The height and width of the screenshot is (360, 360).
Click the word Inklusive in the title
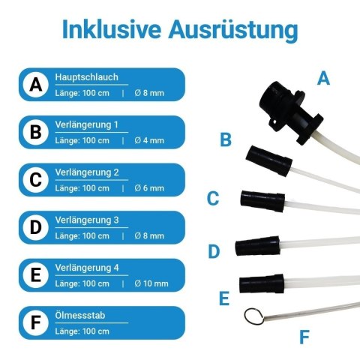click(x=111, y=29)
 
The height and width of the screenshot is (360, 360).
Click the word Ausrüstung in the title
click(x=233, y=31)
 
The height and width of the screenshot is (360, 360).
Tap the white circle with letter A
click(x=36, y=85)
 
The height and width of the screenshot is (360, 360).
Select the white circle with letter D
click(x=36, y=227)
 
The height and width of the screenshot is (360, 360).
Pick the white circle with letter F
click(x=36, y=322)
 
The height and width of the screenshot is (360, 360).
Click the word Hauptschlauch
click(x=86, y=77)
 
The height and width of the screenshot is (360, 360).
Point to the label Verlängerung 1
click(x=86, y=124)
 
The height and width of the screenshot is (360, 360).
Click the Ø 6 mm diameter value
click(x=149, y=188)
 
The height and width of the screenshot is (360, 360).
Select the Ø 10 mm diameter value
click(x=151, y=283)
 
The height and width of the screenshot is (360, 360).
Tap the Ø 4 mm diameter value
click(x=149, y=140)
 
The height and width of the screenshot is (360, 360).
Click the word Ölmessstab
click(x=80, y=315)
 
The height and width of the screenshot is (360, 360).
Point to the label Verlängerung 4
click(x=87, y=268)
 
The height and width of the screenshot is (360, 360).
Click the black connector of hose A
click(x=290, y=111)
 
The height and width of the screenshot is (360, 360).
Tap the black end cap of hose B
click(x=269, y=160)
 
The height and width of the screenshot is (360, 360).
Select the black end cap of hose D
click(x=257, y=246)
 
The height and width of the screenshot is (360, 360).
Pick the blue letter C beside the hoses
click(x=213, y=199)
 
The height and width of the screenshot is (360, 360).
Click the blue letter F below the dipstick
click(x=304, y=337)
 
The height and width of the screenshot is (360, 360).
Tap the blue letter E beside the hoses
click(x=224, y=298)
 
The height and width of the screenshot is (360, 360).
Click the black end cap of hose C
click(x=262, y=201)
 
